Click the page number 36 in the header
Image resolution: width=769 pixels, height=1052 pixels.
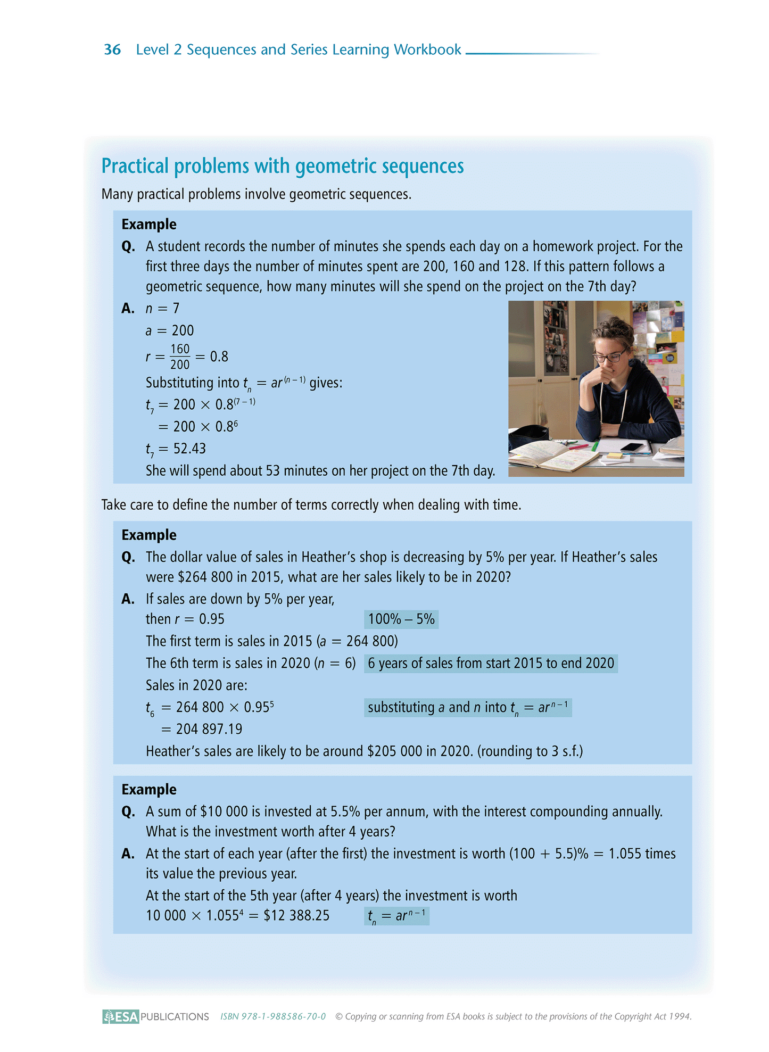click(x=112, y=49)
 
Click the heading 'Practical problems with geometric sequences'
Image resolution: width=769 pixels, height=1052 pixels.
click(x=283, y=166)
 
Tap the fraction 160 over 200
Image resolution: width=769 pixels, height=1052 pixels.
click(x=180, y=357)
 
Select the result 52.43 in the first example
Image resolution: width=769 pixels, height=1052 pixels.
click(x=189, y=449)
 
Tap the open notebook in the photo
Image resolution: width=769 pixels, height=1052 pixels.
click(x=553, y=455)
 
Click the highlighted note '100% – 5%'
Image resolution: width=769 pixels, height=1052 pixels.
click(x=401, y=619)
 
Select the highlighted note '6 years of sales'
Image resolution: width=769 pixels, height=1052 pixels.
click(x=491, y=664)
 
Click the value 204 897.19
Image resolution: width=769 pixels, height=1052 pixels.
click(x=209, y=729)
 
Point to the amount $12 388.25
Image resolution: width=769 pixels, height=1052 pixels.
click(x=296, y=916)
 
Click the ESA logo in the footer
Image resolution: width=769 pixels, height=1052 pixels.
click(x=121, y=1016)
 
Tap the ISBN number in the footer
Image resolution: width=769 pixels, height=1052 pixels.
click(x=273, y=1016)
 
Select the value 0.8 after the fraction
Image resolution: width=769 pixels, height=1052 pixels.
click(x=219, y=357)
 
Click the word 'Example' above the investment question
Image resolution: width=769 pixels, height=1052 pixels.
click(x=149, y=789)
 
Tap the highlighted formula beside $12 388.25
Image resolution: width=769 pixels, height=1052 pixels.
click(x=396, y=916)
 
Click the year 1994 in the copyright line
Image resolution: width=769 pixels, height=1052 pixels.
click(x=680, y=1016)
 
